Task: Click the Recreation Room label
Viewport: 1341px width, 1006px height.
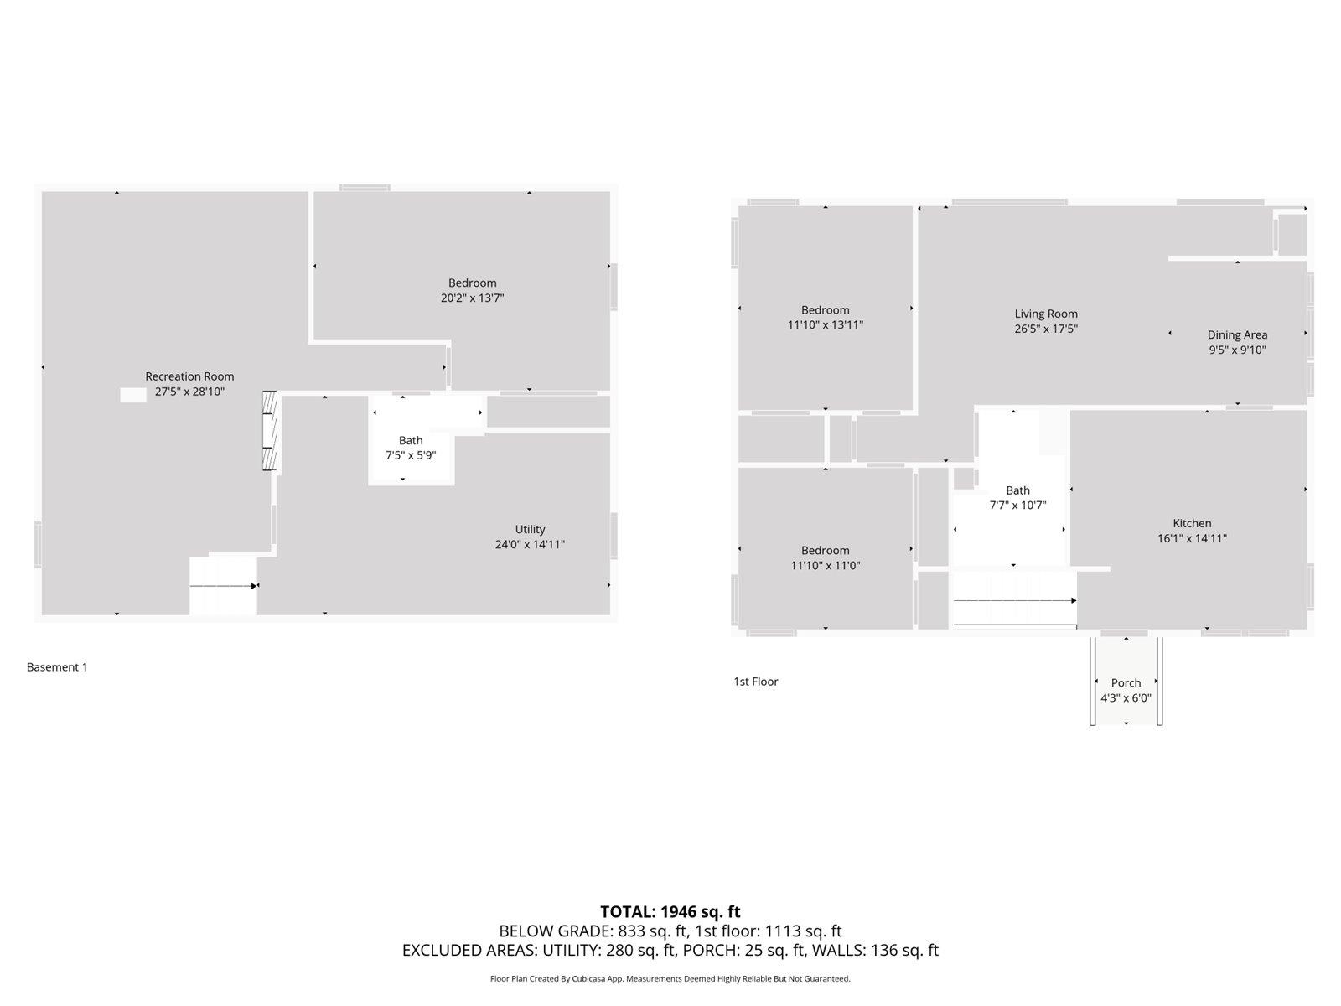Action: [x=189, y=376]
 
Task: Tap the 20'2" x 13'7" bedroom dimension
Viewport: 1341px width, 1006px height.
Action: [x=472, y=298]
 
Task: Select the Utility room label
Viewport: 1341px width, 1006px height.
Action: [x=530, y=529]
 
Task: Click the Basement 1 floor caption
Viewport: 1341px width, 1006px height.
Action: [x=57, y=667]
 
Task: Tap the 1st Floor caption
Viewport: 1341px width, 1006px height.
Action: [x=755, y=682]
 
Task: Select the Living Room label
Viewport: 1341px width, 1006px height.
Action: [x=1046, y=314]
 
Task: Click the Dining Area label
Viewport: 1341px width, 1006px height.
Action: [x=1237, y=334]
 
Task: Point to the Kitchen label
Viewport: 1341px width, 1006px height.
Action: [x=1192, y=523]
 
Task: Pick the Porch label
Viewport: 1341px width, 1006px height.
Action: [x=1126, y=682]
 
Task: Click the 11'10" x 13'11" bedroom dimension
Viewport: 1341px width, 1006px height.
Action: [x=825, y=325]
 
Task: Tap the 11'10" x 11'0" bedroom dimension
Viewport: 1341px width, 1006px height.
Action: [x=825, y=566]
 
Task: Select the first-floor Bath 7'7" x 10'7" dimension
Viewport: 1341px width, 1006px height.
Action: [x=1017, y=506]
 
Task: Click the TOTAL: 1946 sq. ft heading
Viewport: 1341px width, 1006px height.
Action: [x=670, y=911]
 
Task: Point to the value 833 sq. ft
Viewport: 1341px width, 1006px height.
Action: [x=653, y=931]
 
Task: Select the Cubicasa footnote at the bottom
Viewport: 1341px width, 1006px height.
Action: [x=670, y=978]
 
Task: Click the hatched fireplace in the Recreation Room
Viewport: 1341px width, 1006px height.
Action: [x=269, y=431]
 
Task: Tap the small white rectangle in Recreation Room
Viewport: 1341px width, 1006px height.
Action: [x=132, y=395]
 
